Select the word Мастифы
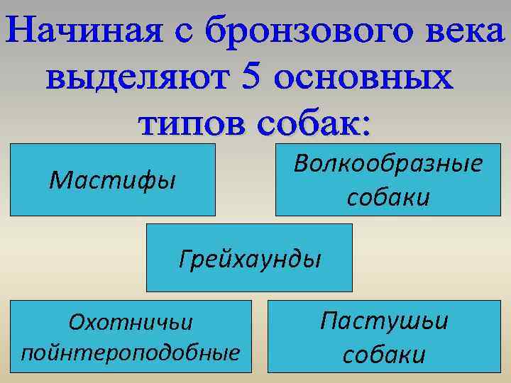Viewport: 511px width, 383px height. [x=113, y=181]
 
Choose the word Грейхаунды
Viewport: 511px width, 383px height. [x=250, y=260]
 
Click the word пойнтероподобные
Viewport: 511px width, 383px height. [x=131, y=351]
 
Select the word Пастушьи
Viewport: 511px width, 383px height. [x=384, y=321]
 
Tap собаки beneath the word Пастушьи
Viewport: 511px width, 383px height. [x=384, y=353]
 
